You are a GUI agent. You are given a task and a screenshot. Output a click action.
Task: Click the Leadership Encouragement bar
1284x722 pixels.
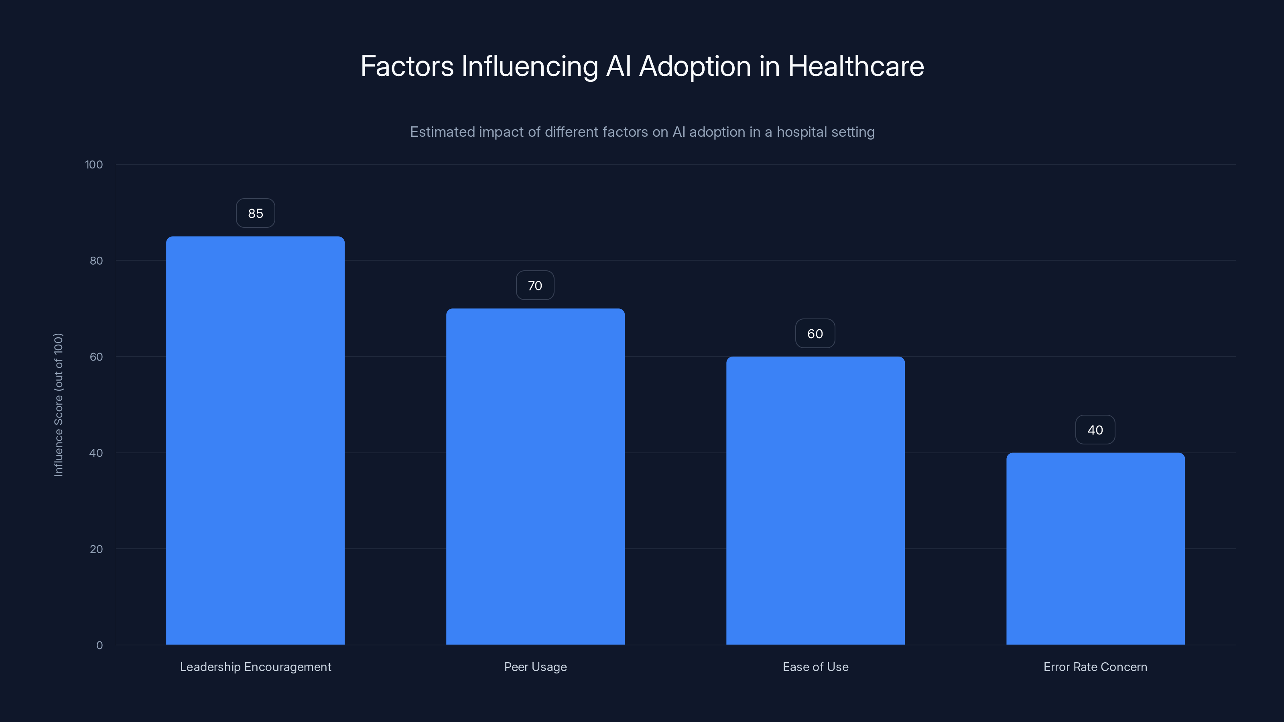point(255,440)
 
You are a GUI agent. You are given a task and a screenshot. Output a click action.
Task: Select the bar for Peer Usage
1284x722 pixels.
point(535,477)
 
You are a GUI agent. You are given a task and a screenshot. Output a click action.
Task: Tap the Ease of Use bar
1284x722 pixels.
point(815,500)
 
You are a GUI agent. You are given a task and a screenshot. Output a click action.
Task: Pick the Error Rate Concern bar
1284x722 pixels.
point(1095,549)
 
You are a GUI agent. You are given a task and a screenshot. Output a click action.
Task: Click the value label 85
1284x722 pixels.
point(255,213)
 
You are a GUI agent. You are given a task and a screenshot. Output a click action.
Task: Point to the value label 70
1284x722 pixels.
point(535,286)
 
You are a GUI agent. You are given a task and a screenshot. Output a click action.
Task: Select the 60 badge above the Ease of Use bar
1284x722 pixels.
point(815,334)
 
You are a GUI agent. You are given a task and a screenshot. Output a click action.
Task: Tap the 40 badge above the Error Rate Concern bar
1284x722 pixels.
point(1095,430)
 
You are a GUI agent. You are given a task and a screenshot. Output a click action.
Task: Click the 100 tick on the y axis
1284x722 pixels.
point(94,164)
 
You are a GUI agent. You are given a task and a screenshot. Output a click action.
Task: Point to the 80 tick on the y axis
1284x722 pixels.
point(96,261)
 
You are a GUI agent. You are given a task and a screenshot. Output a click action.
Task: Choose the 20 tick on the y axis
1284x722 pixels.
point(96,549)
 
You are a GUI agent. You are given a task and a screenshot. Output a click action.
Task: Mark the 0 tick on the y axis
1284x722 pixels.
point(99,645)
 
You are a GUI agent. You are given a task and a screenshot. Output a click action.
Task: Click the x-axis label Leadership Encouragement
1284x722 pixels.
point(255,667)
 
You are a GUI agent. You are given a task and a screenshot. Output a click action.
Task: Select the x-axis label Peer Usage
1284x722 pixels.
point(535,667)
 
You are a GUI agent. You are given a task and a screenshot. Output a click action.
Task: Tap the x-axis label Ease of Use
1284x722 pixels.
point(815,667)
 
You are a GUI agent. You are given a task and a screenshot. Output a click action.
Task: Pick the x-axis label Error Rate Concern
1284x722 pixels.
point(1095,667)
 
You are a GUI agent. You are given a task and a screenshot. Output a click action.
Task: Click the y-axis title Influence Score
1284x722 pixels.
point(58,405)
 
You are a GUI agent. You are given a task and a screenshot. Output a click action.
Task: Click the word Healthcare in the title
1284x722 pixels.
point(856,66)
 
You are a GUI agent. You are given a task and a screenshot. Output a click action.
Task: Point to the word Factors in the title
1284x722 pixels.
point(407,66)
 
